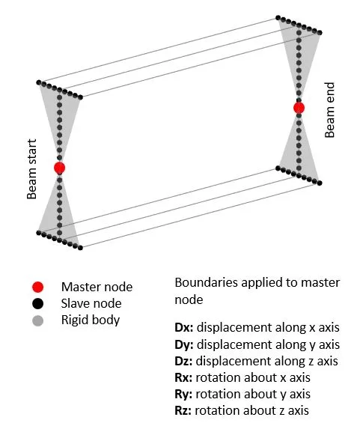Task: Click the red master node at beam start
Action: (x=59, y=168)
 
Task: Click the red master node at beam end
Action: (x=299, y=108)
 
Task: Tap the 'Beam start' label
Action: (x=31, y=168)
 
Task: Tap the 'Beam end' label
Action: (x=329, y=110)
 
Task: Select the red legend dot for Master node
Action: (x=37, y=287)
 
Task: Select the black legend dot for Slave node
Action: (x=37, y=304)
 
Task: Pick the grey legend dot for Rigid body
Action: (x=37, y=320)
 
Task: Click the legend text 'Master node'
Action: (x=97, y=287)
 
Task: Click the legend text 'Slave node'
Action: (x=91, y=303)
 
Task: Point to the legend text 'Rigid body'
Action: (x=91, y=320)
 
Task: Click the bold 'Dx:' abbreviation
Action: (x=184, y=327)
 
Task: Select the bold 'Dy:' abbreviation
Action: (x=184, y=344)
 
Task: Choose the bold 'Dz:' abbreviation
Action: (x=183, y=361)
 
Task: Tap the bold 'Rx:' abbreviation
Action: (x=183, y=378)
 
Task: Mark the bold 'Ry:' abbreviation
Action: (x=183, y=395)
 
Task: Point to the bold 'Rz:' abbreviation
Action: (x=183, y=411)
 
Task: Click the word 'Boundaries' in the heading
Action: (x=207, y=282)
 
